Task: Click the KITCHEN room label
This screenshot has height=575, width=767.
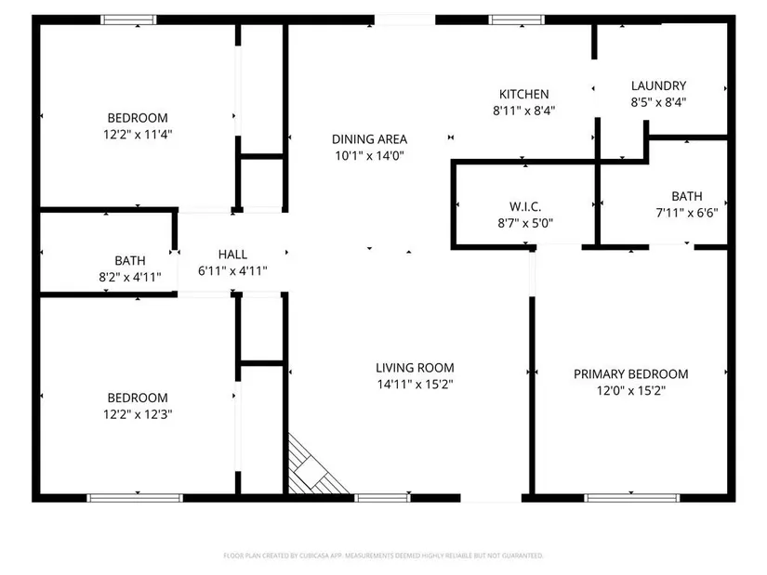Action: click(x=524, y=94)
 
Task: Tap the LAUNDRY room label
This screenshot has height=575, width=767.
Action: click(x=658, y=85)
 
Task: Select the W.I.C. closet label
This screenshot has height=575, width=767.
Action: click(x=525, y=206)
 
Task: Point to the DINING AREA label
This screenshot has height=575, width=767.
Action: click(x=369, y=139)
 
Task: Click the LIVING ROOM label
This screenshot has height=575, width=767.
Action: click(x=415, y=368)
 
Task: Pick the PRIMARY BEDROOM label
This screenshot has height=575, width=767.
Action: click(x=631, y=374)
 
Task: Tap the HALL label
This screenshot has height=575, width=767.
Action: click(x=232, y=255)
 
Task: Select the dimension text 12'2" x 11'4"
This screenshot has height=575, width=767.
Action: click(x=138, y=134)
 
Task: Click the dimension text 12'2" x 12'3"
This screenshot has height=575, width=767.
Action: click(x=138, y=414)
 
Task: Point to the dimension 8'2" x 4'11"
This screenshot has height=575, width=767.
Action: click(x=130, y=277)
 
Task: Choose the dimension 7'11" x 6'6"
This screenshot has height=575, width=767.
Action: click(x=687, y=213)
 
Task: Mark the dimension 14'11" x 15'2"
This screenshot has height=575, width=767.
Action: click(x=415, y=385)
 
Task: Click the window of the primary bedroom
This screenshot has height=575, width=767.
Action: click(x=631, y=498)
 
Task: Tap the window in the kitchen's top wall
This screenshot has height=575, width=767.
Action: click(x=517, y=20)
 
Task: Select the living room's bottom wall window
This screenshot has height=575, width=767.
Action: click(x=382, y=498)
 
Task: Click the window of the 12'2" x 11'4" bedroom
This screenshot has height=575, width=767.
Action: click(x=128, y=20)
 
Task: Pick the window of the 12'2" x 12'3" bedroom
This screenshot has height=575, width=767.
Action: click(x=135, y=498)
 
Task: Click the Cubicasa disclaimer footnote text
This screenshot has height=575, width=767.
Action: click(x=383, y=555)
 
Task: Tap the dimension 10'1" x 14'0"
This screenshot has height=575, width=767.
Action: click(x=369, y=156)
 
